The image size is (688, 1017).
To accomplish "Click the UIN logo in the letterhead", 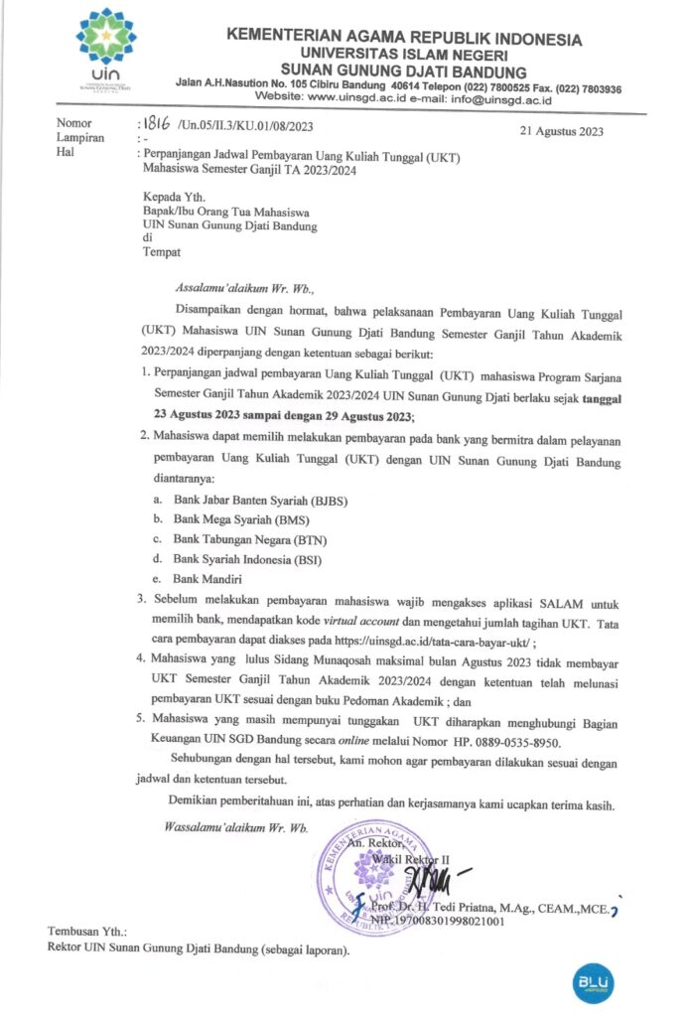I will click(105, 50).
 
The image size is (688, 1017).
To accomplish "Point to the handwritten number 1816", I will click(156, 125).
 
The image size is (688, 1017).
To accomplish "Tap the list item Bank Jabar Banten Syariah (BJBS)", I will click(260, 501).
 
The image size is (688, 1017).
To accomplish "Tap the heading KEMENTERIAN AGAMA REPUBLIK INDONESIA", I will click(405, 39).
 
